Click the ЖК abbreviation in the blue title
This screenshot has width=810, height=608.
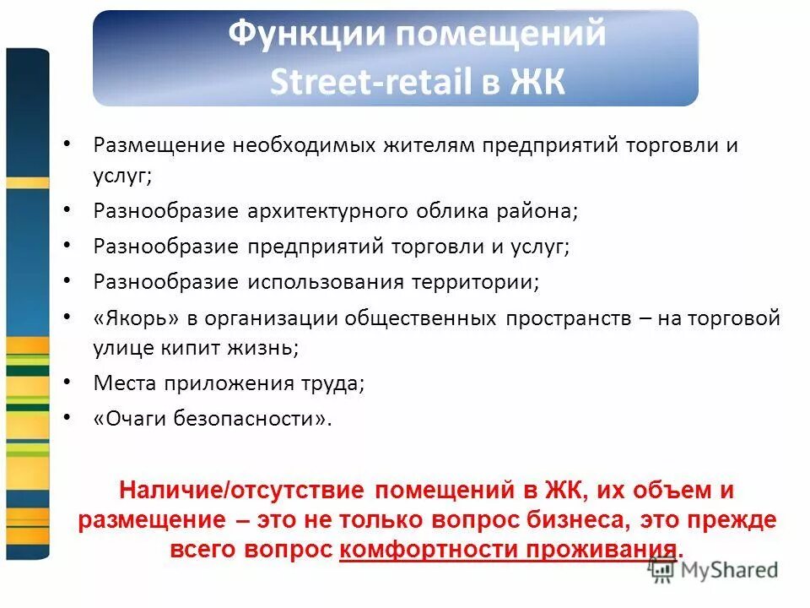[x=537, y=82]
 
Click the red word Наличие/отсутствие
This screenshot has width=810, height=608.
[x=241, y=490]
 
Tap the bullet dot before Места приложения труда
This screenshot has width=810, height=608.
[x=68, y=382]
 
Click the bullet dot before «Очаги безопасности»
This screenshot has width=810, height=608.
[x=68, y=417]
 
